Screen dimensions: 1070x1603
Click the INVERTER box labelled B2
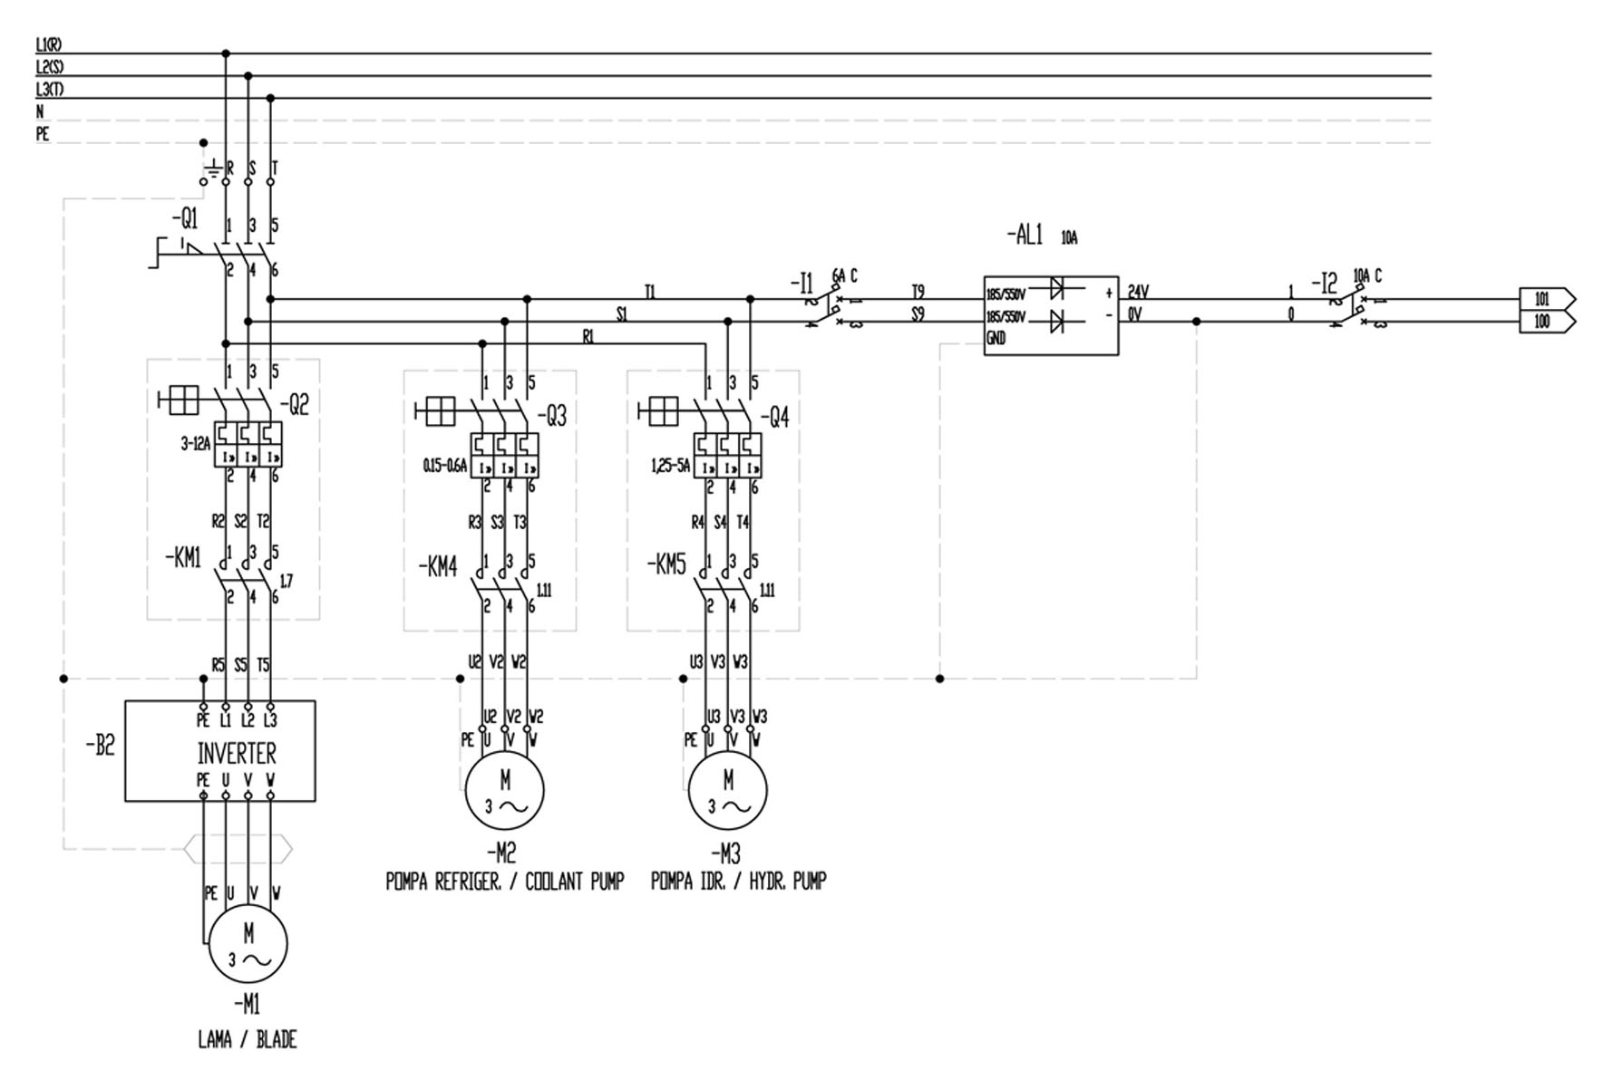[x=220, y=750]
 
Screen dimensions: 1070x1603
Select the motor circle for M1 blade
[x=248, y=944]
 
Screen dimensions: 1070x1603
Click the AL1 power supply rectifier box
[x=1051, y=315]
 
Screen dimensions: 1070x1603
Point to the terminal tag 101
[x=1544, y=299]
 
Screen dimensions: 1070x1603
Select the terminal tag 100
[x=1544, y=322]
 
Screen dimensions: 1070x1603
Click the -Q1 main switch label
[x=184, y=219]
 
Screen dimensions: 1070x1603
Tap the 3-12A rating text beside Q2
[x=195, y=444]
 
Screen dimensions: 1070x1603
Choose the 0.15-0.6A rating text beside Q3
[x=444, y=466]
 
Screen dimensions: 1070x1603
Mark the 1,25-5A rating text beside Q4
[x=670, y=466]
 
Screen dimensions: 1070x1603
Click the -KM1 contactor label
[x=184, y=558]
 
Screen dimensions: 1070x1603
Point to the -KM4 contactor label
[x=438, y=568]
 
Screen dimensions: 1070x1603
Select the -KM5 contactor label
[x=666, y=564]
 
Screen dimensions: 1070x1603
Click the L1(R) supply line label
[x=49, y=44]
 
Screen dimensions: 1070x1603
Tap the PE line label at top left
[x=43, y=134]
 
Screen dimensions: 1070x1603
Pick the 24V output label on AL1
[x=1138, y=292]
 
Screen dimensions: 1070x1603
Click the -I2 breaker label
[x=1325, y=284]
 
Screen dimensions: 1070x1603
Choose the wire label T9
[x=918, y=292]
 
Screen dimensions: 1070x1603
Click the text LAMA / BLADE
[x=248, y=1039]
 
